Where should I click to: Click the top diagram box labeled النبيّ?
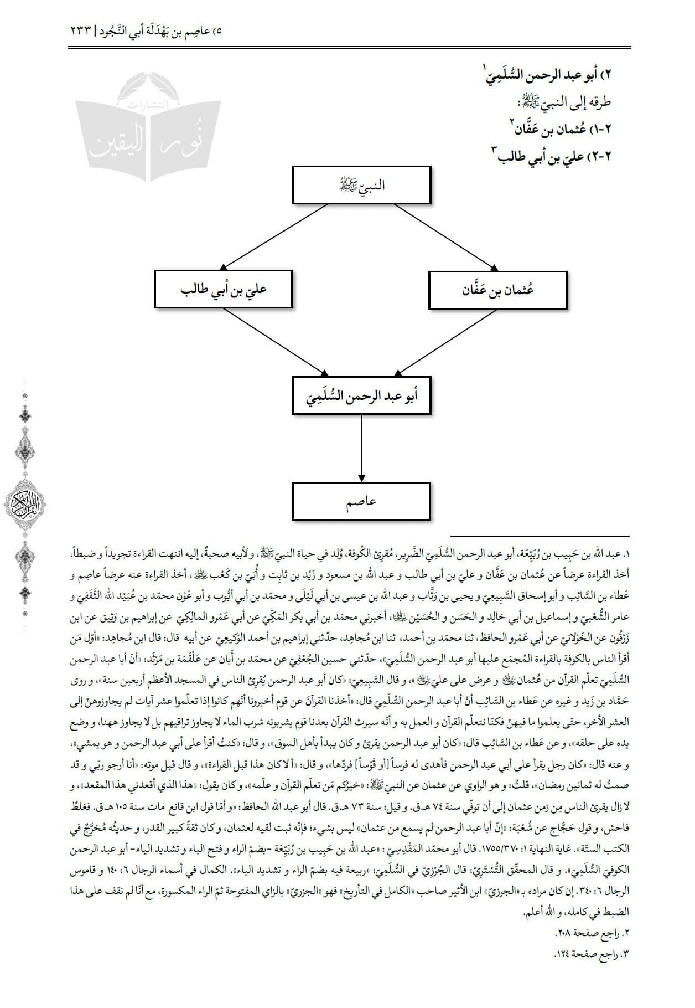[x=361, y=185]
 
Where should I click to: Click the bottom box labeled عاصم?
[x=361, y=501]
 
